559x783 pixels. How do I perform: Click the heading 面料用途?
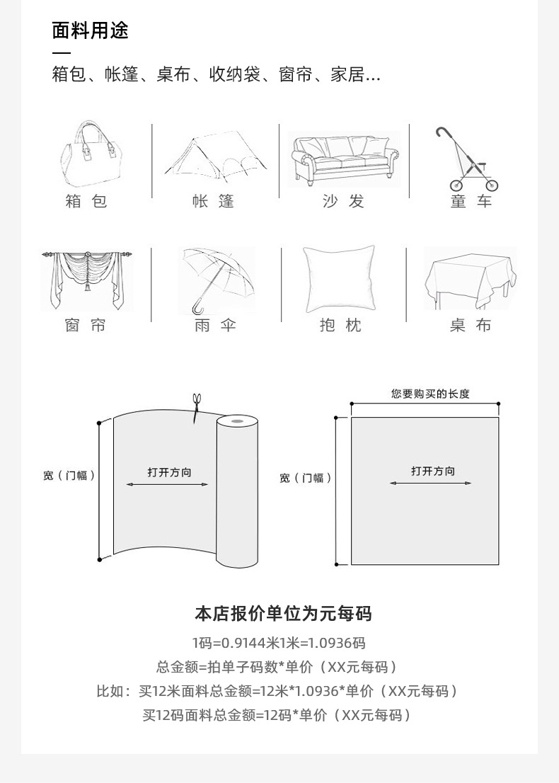[x=91, y=31]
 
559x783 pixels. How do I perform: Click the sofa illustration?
[x=344, y=159]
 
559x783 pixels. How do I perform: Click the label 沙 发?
[x=343, y=202]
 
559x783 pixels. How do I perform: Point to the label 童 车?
[x=471, y=202]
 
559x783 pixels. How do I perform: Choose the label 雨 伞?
[x=215, y=326]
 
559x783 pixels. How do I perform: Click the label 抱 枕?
[x=340, y=326]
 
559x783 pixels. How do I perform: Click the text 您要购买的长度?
[x=430, y=394]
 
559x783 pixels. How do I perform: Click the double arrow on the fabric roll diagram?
[x=167, y=485]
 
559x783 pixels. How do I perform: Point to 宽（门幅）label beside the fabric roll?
[x=69, y=476]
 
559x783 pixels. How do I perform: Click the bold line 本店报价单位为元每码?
[x=283, y=614]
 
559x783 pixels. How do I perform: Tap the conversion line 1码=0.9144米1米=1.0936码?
[x=279, y=643]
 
